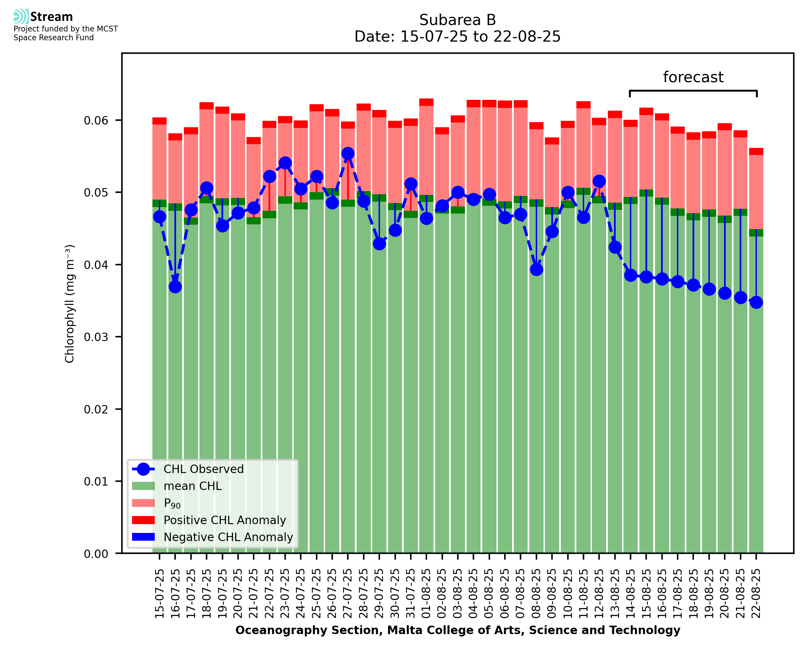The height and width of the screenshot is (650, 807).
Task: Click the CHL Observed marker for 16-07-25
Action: (x=175, y=287)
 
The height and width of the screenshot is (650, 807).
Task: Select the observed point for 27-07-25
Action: (x=348, y=154)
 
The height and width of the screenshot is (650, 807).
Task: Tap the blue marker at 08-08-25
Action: (x=536, y=270)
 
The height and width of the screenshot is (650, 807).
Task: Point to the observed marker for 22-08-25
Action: (x=756, y=302)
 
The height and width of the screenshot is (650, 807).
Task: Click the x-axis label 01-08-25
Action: (x=426, y=594)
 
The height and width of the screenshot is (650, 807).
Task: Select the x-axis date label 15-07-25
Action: (x=160, y=594)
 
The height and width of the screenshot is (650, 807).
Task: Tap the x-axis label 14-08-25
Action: (x=631, y=594)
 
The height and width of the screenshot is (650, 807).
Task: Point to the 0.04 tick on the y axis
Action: (x=95, y=265)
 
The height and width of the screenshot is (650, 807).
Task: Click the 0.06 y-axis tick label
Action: (x=95, y=120)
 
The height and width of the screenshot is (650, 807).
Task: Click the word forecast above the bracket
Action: (x=693, y=77)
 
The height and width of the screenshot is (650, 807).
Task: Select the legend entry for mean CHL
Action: (x=193, y=486)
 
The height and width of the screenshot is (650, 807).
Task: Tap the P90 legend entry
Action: (x=172, y=503)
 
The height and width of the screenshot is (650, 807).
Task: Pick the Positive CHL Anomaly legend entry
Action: (x=225, y=520)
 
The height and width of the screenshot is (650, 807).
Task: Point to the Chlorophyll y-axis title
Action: (x=70, y=304)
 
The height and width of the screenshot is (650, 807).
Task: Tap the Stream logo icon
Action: (x=21, y=17)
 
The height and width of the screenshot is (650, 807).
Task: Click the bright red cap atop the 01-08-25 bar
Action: (x=426, y=102)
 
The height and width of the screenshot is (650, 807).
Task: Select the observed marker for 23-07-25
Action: (x=285, y=163)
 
